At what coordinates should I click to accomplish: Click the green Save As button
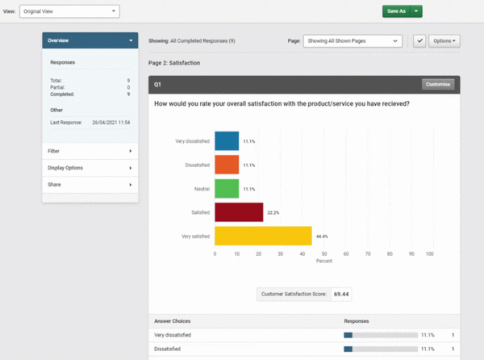tap(395, 11)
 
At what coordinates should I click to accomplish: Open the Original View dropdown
tap(69, 11)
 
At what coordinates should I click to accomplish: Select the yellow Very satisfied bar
tap(263, 236)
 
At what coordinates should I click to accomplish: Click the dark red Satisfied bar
tap(239, 211)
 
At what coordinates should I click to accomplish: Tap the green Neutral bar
tap(227, 188)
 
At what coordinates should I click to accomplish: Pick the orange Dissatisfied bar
tap(227, 165)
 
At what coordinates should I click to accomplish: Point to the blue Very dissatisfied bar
tap(227, 141)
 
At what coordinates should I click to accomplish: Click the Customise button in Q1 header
tap(438, 84)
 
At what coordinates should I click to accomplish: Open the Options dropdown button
tap(444, 40)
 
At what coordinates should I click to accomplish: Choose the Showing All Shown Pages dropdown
tap(353, 40)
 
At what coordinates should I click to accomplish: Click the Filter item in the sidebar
tap(90, 151)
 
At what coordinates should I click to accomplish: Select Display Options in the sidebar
tap(90, 168)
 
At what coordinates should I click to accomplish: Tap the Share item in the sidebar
tap(90, 185)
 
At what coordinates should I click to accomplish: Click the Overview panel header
tap(90, 40)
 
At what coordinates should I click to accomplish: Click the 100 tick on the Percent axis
tap(430, 253)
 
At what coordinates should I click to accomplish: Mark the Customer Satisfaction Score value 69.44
tap(342, 295)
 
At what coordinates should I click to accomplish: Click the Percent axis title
tap(323, 262)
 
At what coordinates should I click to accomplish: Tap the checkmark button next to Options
tap(419, 40)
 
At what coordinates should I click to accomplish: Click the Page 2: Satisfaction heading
tap(174, 62)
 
